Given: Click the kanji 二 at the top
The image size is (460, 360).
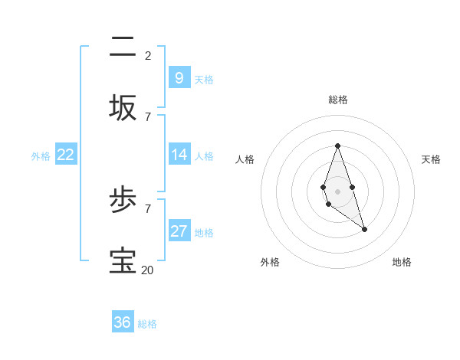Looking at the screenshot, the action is click(x=123, y=47).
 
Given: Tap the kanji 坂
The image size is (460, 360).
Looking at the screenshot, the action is click(x=123, y=107).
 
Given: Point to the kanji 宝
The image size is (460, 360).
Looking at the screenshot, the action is click(x=123, y=260).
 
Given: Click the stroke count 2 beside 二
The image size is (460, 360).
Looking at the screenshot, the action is click(x=148, y=55).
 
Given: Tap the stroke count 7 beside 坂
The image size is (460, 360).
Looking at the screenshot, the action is click(x=148, y=116).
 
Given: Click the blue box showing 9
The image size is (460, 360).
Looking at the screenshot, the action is click(x=179, y=77).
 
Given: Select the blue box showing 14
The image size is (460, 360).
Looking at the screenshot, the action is click(x=179, y=155).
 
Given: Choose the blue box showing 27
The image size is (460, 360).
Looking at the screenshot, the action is click(x=179, y=231).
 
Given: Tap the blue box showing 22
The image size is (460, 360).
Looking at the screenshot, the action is click(x=66, y=155).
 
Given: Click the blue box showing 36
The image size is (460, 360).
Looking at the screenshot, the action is click(x=123, y=322).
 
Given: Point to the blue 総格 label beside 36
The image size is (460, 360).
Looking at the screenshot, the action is click(x=147, y=324).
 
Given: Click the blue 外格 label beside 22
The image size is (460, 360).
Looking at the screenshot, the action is click(x=41, y=156).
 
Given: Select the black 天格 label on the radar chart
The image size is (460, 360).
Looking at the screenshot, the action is click(x=431, y=159).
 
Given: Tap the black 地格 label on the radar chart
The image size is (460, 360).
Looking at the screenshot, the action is click(x=402, y=262).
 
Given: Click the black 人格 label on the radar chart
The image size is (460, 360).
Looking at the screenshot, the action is click(x=245, y=159).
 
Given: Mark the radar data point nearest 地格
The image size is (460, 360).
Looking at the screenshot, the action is click(x=364, y=229).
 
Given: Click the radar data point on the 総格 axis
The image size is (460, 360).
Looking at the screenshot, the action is click(x=337, y=146).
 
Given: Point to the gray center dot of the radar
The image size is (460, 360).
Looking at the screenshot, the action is click(x=337, y=190).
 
